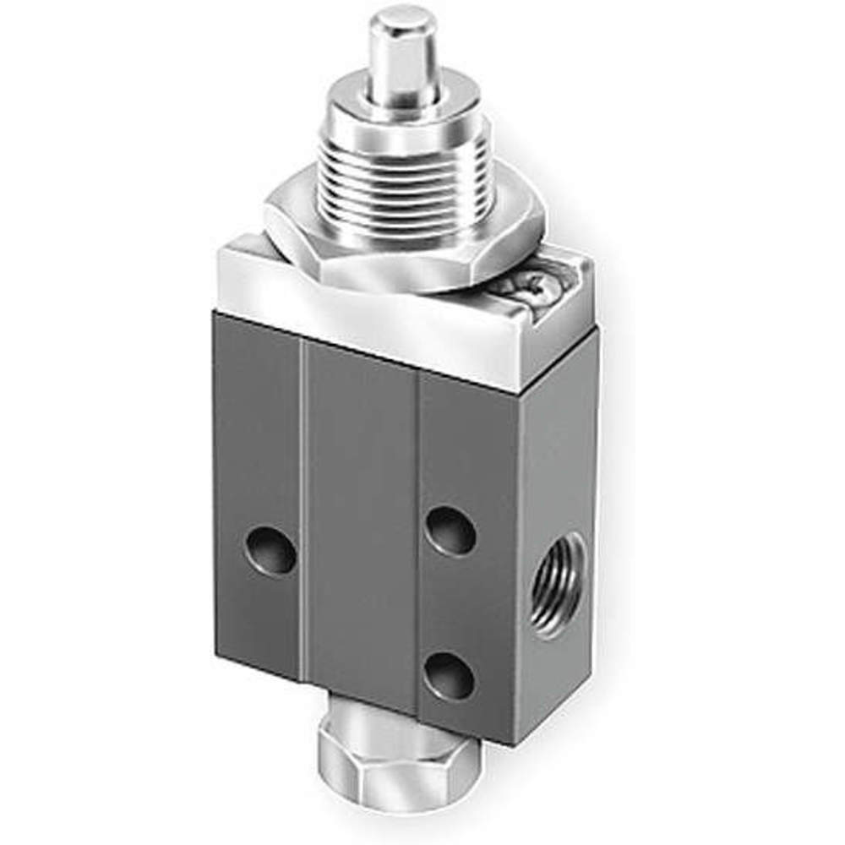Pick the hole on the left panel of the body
pos(270,550)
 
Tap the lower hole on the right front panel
pos(450,676)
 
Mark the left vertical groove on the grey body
pos(302,507)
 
